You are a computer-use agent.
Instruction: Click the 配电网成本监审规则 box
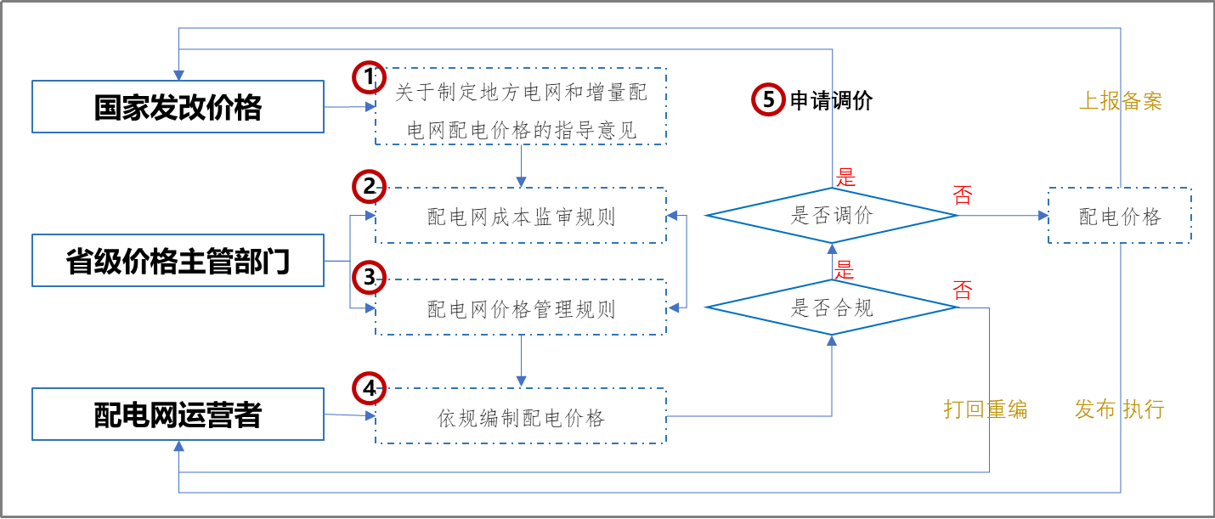click(x=520, y=217)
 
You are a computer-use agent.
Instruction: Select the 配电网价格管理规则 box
click(x=520, y=308)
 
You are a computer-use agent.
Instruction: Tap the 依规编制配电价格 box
click(x=520, y=417)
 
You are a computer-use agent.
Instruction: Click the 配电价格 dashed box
click(x=1119, y=217)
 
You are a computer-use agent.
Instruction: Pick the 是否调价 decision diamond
click(x=832, y=216)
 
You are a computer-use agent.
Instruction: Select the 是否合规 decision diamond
click(x=832, y=307)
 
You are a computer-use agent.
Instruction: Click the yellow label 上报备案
click(x=1120, y=102)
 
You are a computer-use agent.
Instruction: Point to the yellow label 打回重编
click(x=985, y=409)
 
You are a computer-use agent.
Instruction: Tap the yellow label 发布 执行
click(x=1119, y=409)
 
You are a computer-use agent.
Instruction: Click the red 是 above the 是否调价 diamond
click(x=845, y=178)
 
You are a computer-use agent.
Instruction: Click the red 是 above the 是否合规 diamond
click(x=844, y=270)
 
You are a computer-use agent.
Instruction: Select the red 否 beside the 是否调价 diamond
click(x=962, y=195)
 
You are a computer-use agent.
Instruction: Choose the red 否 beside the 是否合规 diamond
click(x=962, y=291)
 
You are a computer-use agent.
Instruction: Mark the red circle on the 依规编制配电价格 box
click(x=369, y=388)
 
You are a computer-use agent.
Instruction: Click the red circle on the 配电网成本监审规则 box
click(x=369, y=186)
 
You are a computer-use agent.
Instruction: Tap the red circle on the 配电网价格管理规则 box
click(x=369, y=277)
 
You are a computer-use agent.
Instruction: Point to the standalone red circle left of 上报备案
click(x=768, y=99)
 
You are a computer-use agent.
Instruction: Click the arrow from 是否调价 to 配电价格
click(x=1003, y=216)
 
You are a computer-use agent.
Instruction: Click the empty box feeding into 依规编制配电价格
click(x=178, y=415)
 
